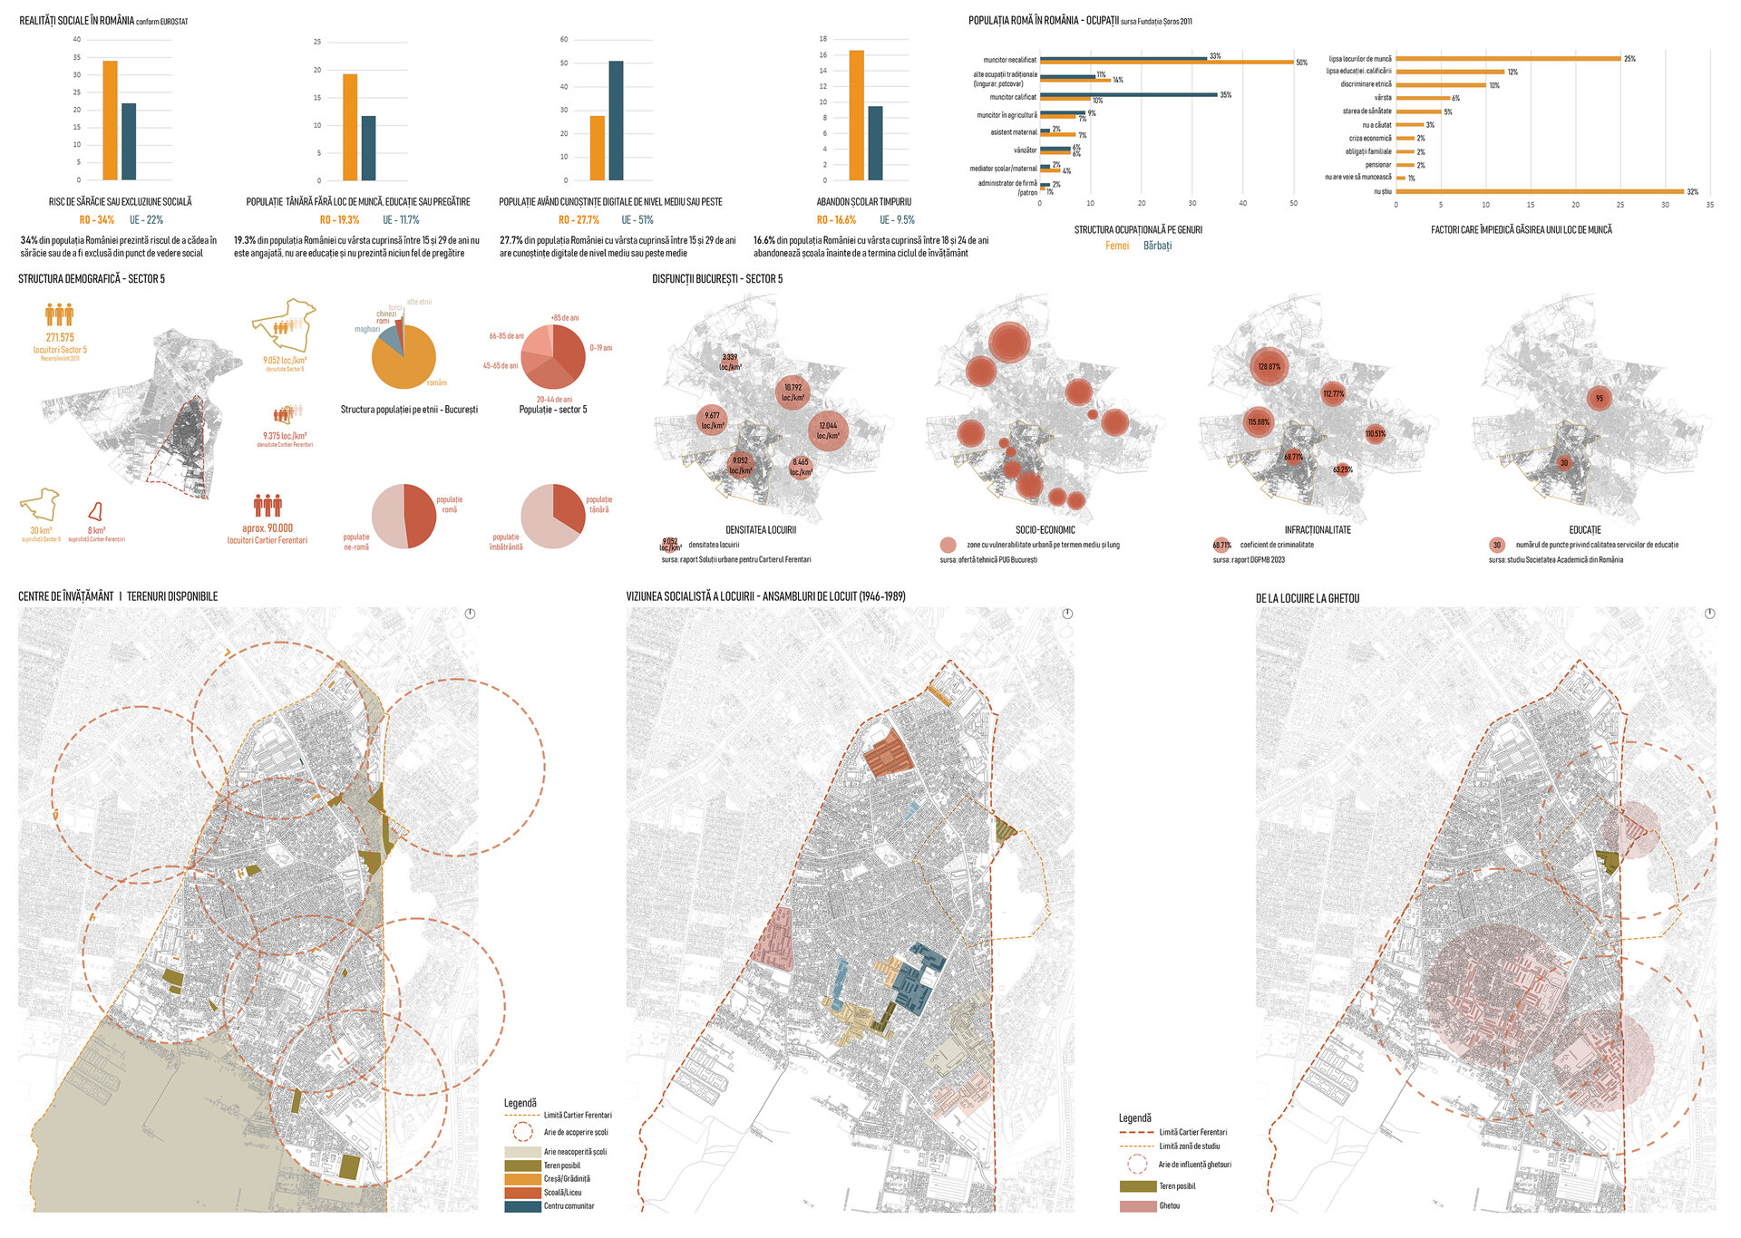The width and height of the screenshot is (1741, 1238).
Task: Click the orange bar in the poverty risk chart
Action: pos(110,121)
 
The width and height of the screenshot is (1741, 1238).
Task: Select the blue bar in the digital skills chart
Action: pos(616,121)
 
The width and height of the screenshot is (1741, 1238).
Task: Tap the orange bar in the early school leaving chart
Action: pos(856,115)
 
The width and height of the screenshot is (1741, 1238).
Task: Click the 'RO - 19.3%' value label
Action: pos(339,220)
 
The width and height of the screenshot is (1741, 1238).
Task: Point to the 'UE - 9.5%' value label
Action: pos(897,220)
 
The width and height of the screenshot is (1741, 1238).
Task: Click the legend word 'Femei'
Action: pos(1117,246)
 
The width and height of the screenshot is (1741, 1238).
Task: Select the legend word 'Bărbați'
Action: pos(1157,246)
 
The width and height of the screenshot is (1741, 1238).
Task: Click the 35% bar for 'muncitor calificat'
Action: pos(1129,94)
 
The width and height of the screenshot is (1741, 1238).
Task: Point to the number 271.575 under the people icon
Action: pos(60,337)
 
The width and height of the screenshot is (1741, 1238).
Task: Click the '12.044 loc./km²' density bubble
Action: pos(828,430)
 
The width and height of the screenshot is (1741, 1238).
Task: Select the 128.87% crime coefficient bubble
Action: pos(1269,367)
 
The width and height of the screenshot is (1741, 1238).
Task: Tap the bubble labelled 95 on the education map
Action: pos(1600,399)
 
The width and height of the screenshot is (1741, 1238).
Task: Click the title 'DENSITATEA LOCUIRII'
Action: pos(760,530)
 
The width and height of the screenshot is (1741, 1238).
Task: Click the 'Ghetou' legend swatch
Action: pos(1137,1206)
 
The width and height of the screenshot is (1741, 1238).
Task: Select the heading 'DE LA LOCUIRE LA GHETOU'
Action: pos(1307,599)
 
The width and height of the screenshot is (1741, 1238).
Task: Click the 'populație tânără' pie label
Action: pos(598,505)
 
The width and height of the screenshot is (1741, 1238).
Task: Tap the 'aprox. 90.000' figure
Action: pos(267,528)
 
